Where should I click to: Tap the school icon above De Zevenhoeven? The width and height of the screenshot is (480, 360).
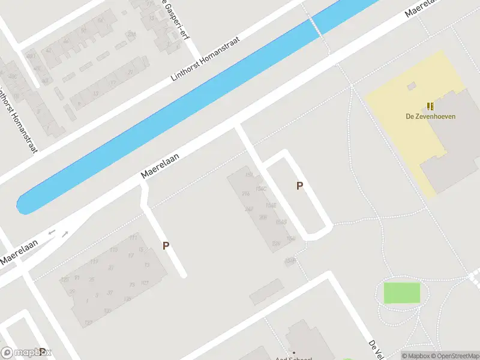point(430,106)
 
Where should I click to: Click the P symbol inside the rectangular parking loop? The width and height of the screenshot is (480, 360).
point(299,186)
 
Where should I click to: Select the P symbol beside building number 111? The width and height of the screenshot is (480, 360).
point(166,245)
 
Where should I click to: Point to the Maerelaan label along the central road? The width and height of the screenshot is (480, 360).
point(160,164)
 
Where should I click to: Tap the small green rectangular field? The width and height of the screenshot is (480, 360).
point(402,293)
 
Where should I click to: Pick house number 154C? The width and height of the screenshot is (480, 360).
point(261,189)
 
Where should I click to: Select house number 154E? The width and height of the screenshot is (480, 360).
point(271,205)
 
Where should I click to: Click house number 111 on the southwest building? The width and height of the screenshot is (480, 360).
point(133,238)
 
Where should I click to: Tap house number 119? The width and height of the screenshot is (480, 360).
point(94,262)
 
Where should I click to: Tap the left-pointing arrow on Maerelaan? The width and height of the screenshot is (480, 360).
point(52,232)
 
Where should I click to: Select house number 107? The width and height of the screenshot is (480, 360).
point(145,283)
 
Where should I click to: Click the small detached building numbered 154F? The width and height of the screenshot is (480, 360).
point(290,260)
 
